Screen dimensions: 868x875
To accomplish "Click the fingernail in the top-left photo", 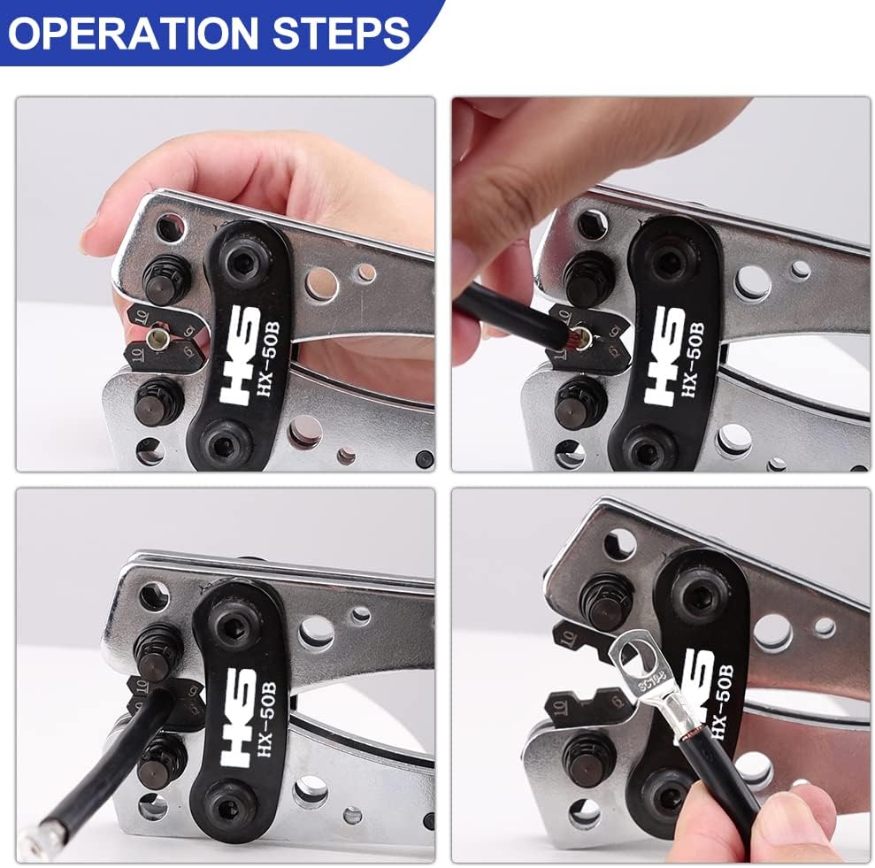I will (x=88, y=234).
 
